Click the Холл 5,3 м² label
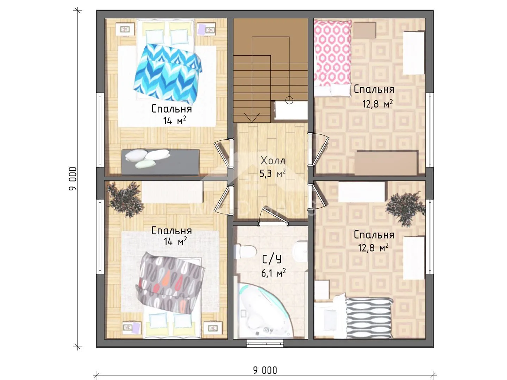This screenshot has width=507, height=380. pyautogui.click(x=273, y=167)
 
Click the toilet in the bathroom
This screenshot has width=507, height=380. pyautogui.click(x=245, y=252)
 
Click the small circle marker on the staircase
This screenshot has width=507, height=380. pyautogui.click(x=289, y=100)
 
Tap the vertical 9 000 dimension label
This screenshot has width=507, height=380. pyautogui.click(x=72, y=179)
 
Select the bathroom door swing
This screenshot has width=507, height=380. pyautogui.click(x=274, y=215)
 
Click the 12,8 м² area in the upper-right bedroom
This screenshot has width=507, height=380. pyautogui.click(x=377, y=104)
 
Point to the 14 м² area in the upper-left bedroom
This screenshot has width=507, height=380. pyautogui.click(x=175, y=120)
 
